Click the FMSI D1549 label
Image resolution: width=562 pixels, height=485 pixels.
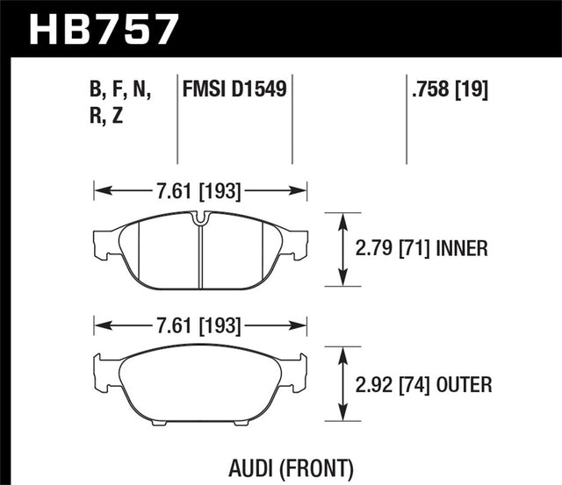(235, 89)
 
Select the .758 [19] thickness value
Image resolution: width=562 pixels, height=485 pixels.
(449, 89)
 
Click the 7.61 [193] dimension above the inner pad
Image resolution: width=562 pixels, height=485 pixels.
(199, 188)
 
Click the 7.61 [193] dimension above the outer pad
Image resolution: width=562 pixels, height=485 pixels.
(199, 326)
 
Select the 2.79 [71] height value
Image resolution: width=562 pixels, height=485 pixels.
(393, 249)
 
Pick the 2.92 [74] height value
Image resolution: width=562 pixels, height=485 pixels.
(393, 384)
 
